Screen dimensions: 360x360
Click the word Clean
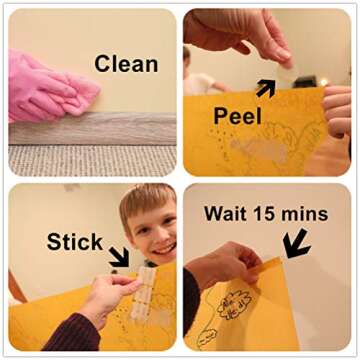click(x=126, y=64)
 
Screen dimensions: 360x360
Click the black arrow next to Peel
click(x=266, y=88)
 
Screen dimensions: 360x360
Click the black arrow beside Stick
click(x=119, y=256)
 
